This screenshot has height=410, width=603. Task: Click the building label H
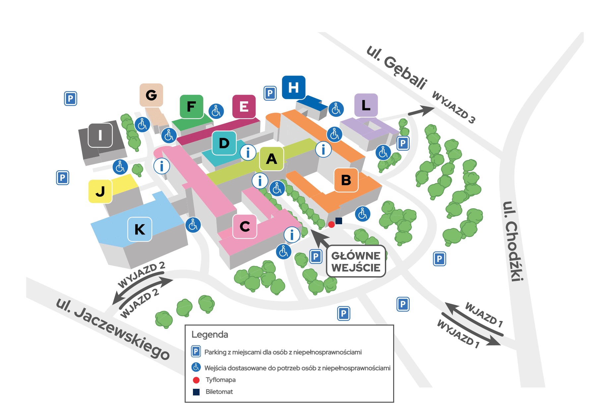(x=293, y=87)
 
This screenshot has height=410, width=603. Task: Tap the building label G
(x=151, y=95)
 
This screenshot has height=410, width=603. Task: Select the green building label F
(x=191, y=107)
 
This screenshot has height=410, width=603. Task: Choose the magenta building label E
(x=244, y=106)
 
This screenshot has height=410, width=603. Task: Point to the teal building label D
(x=224, y=143)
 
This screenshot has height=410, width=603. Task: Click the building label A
(x=271, y=159)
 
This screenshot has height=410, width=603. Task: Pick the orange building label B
(x=346, y=180)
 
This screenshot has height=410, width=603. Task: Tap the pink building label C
(x=245, y=227)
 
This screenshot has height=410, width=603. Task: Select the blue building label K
(x=140, y=229)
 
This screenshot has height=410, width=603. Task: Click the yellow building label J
(x=100, y=191)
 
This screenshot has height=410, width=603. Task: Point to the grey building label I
(x=100, y=135)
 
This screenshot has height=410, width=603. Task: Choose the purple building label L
(x=366, y=105)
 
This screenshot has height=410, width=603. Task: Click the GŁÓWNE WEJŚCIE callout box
(x=356, y=261)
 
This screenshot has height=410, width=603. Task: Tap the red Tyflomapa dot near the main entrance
(x=331, y=225)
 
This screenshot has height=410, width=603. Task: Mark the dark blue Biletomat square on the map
(x=339, y=221)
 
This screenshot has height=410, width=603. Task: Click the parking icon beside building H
(x=270, y=93)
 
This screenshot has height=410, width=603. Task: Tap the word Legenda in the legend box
(x=210, y=334)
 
